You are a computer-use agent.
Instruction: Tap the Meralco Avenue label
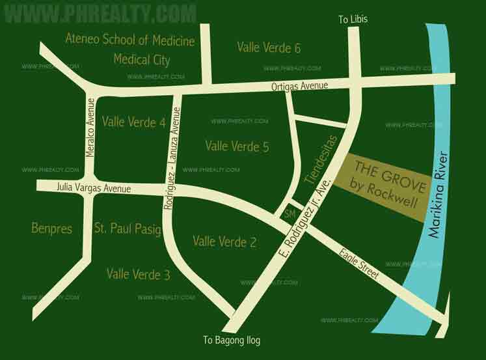point(90,127)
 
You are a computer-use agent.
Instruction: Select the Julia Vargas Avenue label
point(94,188)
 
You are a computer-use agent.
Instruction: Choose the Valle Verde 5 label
point(237,146)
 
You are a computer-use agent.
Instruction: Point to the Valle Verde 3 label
point(139,275)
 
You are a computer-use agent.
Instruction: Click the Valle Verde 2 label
point(224,242)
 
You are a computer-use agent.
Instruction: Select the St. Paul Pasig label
point(128,228)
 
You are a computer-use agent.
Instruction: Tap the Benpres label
point(51,228)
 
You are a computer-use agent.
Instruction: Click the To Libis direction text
point(353,19)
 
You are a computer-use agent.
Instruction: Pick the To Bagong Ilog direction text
point(232,340)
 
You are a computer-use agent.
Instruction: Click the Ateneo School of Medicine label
point(129,41)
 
